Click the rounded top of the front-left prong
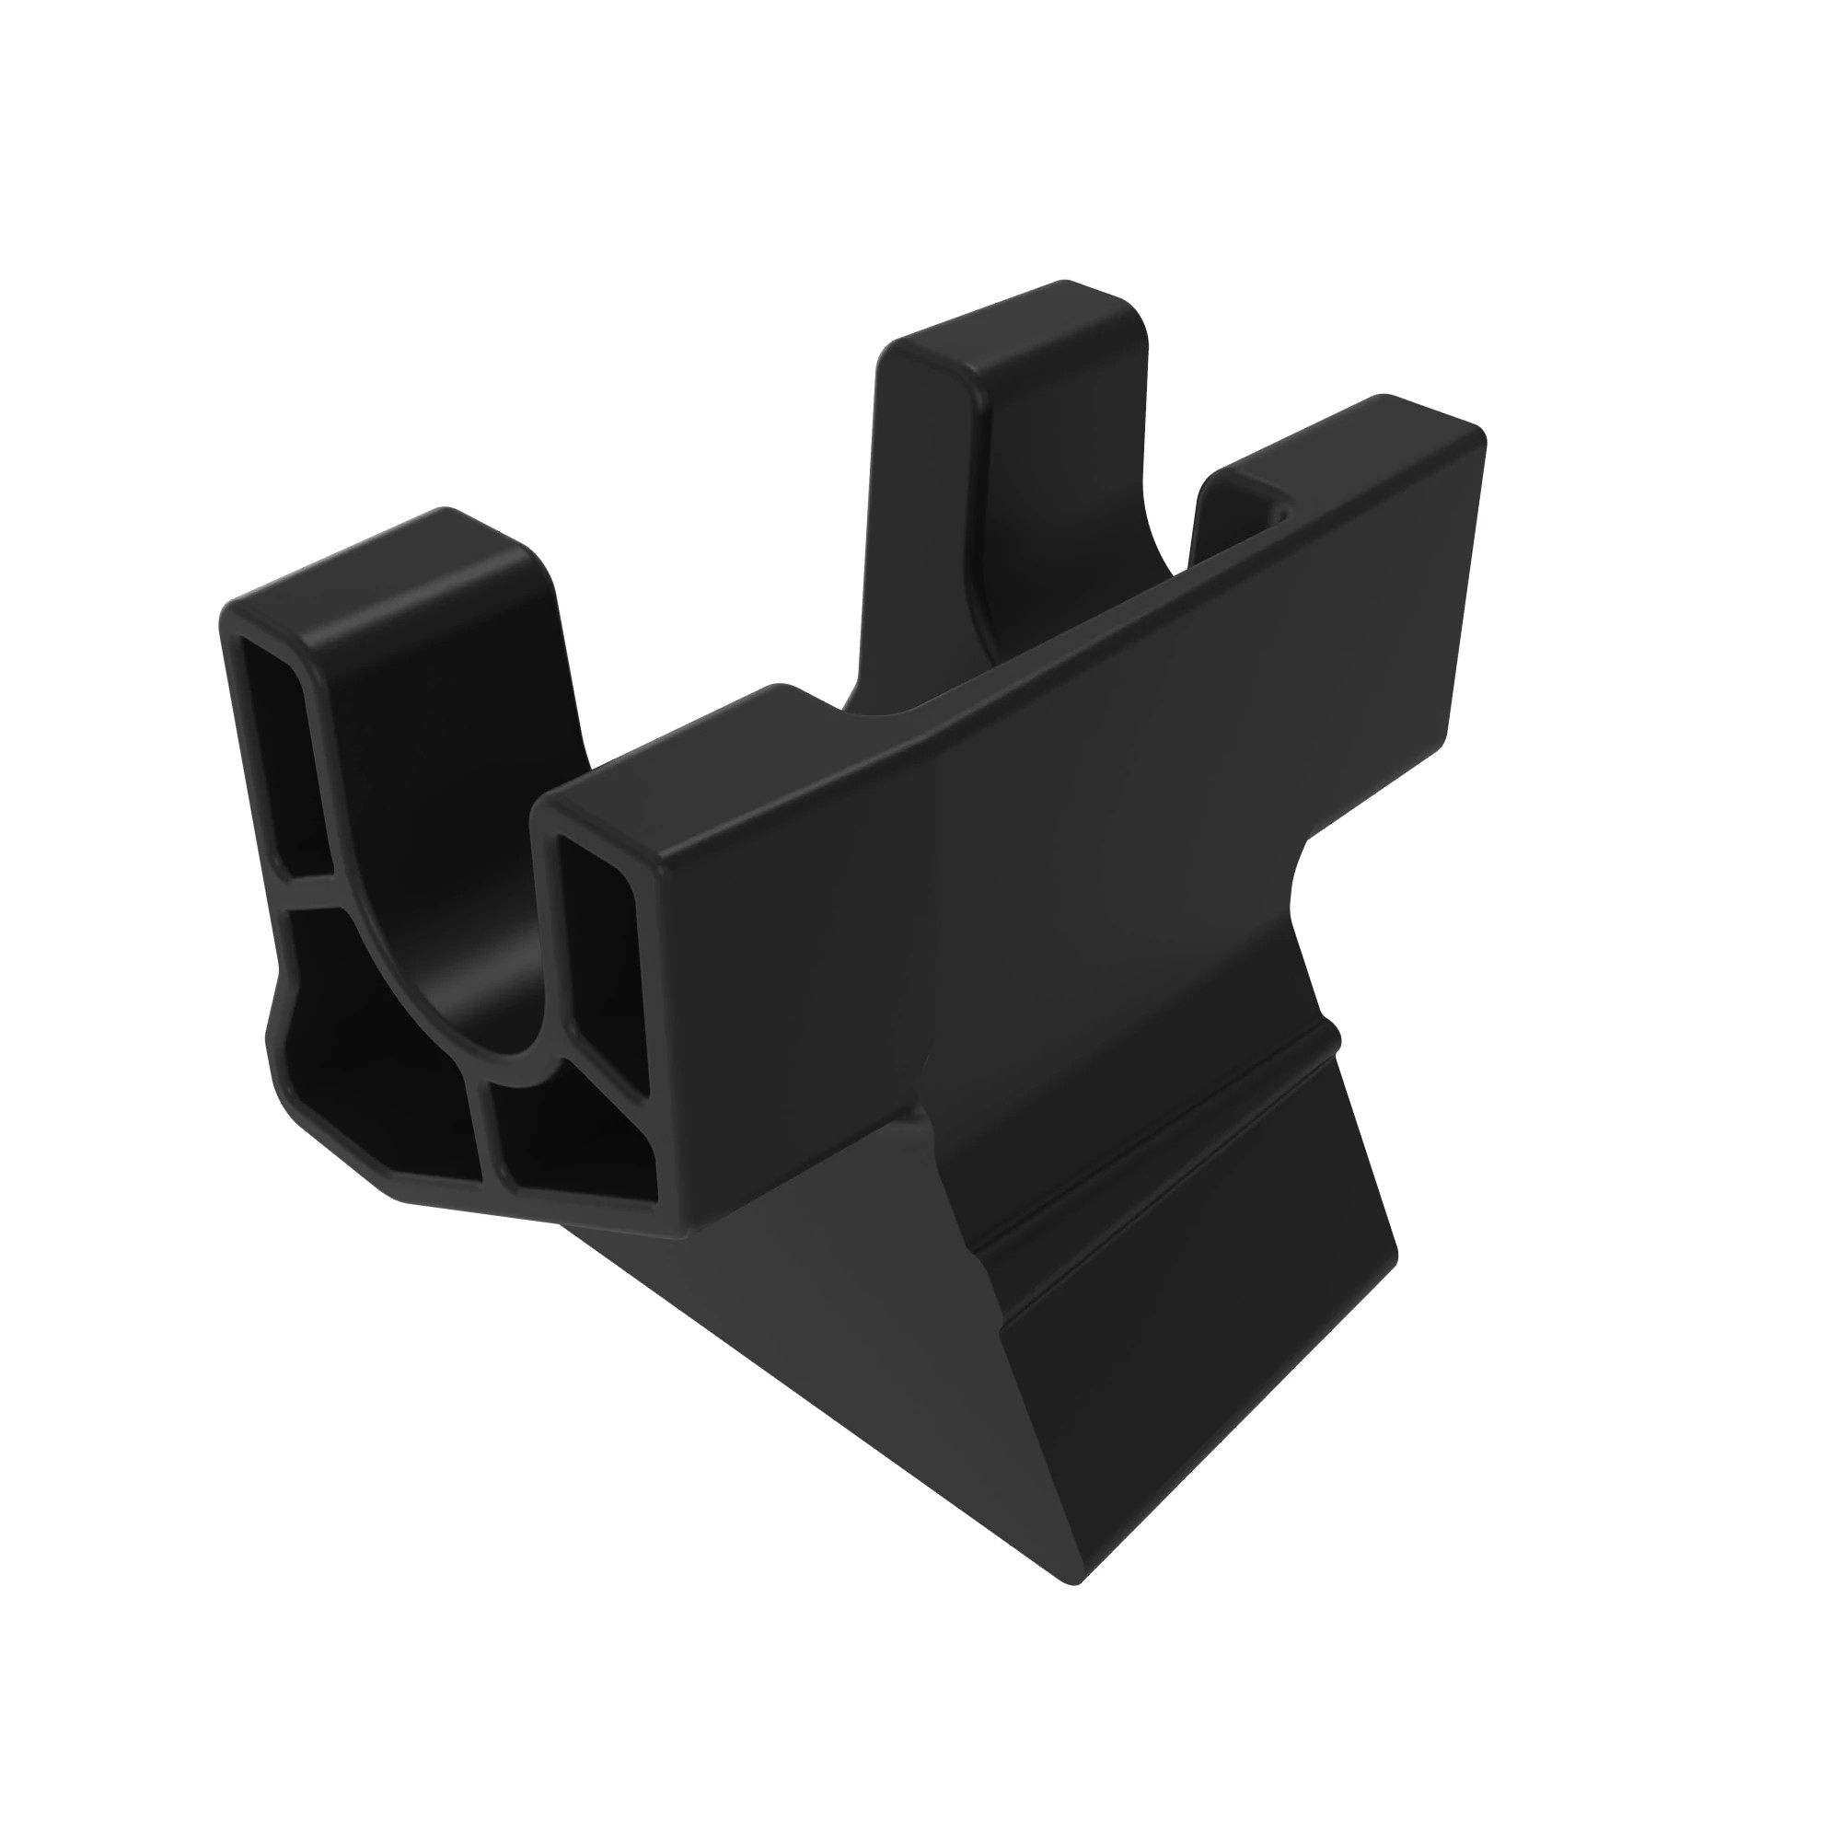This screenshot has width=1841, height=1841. pyautogui.click(x=381, y=562)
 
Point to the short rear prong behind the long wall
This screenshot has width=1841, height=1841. pyautogui.click(x=1239, y=495)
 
